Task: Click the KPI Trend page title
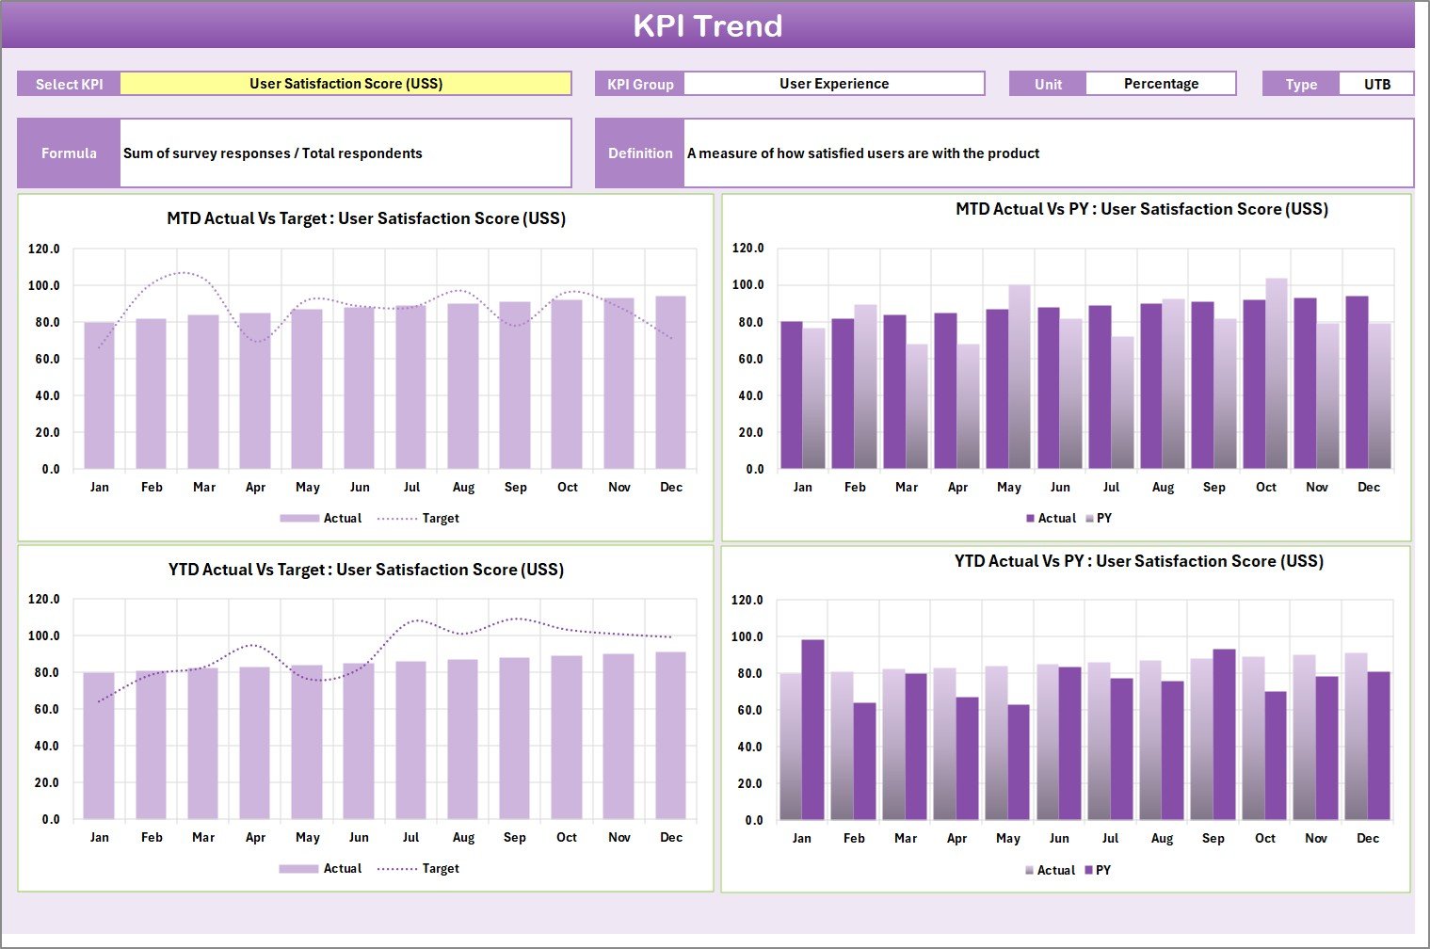pos(707,25)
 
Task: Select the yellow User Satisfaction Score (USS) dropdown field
pos(345,84)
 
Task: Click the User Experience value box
pos(833,84)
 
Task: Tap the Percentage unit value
pos(1160,84)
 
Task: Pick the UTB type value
pos(1376,84)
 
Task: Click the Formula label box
pos(69,153)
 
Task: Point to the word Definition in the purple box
pos(640,153)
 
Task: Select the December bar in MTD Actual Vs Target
pos(670,382)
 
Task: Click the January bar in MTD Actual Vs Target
pos(99,395)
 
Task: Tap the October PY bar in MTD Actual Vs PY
pos(1276,374)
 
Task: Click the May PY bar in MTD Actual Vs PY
pos(1020,377)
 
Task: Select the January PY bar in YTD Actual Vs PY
pos(812,730)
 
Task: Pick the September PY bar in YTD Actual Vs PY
pos(1224,734)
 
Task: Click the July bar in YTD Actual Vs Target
pos(410,740)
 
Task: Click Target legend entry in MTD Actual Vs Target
pos(440,518)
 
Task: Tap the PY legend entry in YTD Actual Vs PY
pos(1102,870)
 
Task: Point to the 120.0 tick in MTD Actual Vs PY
pos(747,248)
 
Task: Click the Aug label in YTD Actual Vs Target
pos(463,837)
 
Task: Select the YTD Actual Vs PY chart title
pos(1138,561)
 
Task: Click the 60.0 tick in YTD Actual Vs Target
pos(44,709)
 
